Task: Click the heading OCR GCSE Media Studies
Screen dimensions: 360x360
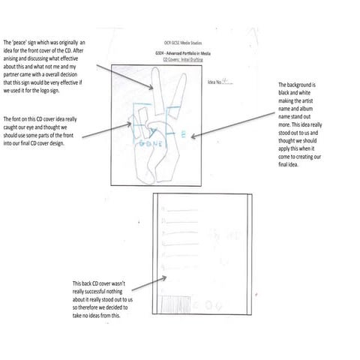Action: coord(181,44)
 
